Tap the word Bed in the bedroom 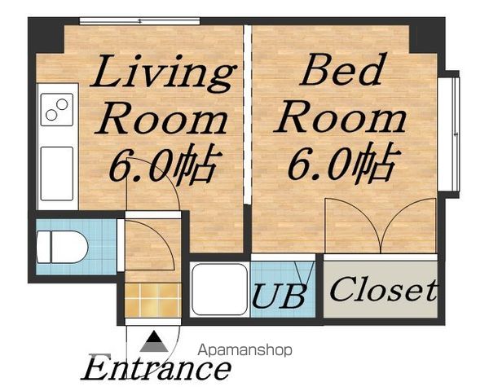341,69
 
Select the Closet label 383,290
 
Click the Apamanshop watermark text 244,350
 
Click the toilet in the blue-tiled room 62,247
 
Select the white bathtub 220,290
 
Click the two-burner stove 57,109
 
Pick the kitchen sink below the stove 57,174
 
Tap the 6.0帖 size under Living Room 163,165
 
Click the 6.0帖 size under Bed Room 342,163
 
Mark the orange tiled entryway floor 153,301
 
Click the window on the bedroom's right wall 449,134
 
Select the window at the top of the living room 139,21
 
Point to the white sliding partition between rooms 247,115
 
